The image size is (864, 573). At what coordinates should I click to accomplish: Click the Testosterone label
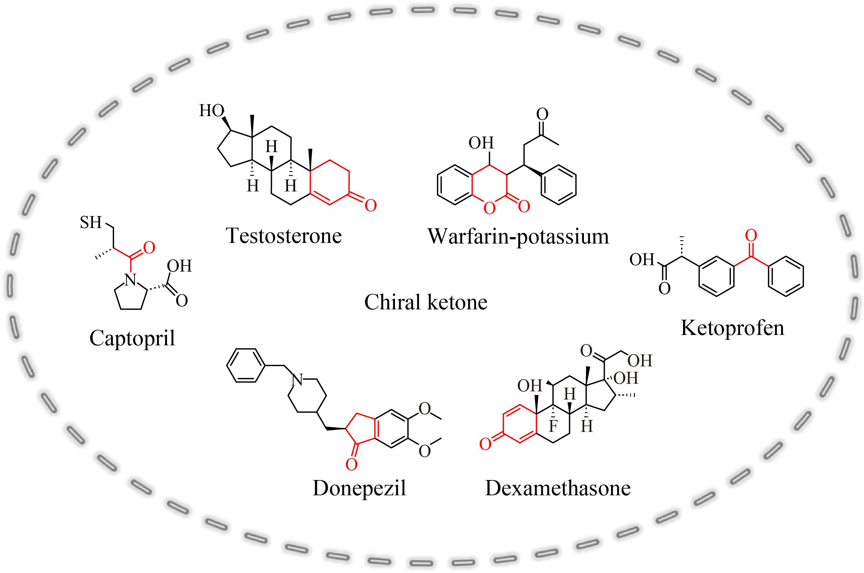pyautogui.click(x=284, y=236)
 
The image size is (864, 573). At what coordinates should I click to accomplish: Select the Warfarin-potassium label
pyautogui.click(x=518, y=237)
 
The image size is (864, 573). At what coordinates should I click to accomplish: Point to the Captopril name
pyautogui.click(x=132, y=338)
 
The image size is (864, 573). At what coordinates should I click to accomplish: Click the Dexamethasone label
pyautogui.click(x=558, y=488)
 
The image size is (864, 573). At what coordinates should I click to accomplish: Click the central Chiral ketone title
pyautogui.click(x=426, y=302)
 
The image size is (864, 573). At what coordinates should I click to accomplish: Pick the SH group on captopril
pyautogui.click(x=91, y=222)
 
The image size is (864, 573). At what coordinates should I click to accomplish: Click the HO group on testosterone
pyautogui.click(x=212, y=110)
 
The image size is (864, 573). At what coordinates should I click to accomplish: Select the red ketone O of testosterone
pyautogui.click(x=371, y=205)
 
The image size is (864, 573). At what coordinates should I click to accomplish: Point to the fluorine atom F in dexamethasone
pyautogui.click(x=553, y=426)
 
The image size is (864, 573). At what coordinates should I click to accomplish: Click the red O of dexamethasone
pyautogui.click(x=485, y=444)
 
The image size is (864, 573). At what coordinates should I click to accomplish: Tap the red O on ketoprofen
pyautogui.click(x=751, y=236)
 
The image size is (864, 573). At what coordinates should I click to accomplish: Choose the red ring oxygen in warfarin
pyautogui.click(x=489, y=208)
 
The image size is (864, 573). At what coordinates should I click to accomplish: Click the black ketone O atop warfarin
pyautogui.click(x=542, y=114)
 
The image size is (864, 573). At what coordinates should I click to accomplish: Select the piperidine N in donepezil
pyautogui.click(x=297, y=380)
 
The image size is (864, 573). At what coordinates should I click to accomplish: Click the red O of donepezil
pyautogui.click(x=351, y=464)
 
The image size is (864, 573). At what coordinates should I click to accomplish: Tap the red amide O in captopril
pyautogui.click(x=149, y=247)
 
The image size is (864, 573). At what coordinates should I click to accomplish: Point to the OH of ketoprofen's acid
pyautogui.click(x=642, y=259)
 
